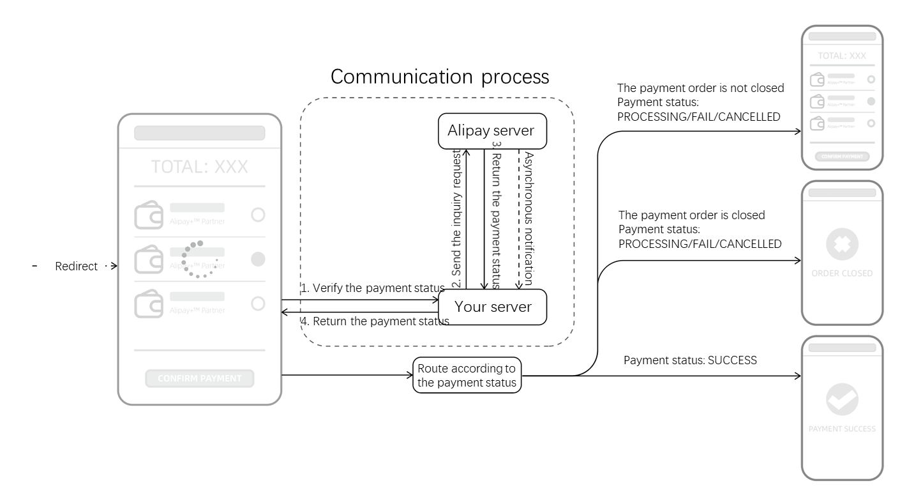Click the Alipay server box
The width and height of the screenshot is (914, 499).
point(491,131)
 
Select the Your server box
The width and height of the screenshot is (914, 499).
point(493,307)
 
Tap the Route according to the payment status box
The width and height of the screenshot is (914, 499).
point(467,376)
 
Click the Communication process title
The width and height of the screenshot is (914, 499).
point(440,77)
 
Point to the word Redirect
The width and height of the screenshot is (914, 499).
point(77,266)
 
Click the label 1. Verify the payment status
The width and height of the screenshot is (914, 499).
point(372,288)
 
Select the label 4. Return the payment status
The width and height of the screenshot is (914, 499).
point(375,321)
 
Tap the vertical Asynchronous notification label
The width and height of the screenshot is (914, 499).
point(528,218)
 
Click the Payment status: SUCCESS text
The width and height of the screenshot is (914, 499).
point(690,360)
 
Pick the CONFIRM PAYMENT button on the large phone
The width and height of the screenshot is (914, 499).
point(199,378)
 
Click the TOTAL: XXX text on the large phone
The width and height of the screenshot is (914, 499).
point(199,167)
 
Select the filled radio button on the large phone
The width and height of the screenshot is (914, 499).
point(258,259)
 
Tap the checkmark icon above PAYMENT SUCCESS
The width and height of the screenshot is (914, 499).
point(842,400)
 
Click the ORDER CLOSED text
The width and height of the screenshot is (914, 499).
point(842,273)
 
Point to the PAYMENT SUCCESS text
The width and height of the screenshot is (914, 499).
point(842,429)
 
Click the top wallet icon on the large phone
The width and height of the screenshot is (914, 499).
point(148,215)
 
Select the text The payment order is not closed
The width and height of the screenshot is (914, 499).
point(701,88)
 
